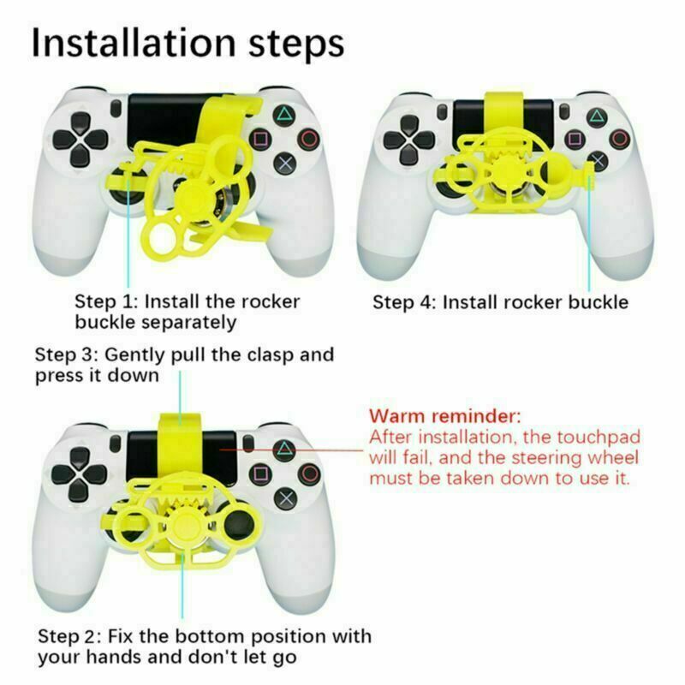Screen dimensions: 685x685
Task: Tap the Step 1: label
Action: (x=106, y=301)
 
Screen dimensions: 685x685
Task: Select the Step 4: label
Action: (x=403, y=302)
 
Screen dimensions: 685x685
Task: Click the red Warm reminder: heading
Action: (x=444, y=417)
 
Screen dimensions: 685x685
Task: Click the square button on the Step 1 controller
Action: (x=260, y=138)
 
